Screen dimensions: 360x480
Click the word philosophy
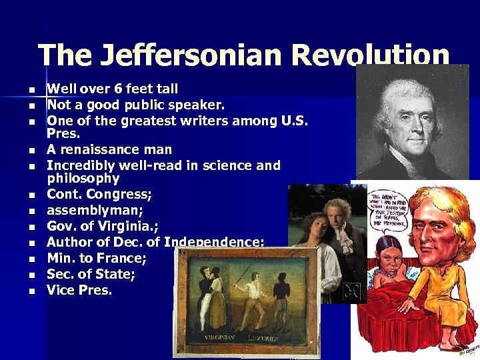pos(83,179)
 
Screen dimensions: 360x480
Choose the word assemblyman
pos(95,211)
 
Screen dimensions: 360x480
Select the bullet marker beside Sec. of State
pos(29,275)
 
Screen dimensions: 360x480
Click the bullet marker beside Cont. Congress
pos(29,195)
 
